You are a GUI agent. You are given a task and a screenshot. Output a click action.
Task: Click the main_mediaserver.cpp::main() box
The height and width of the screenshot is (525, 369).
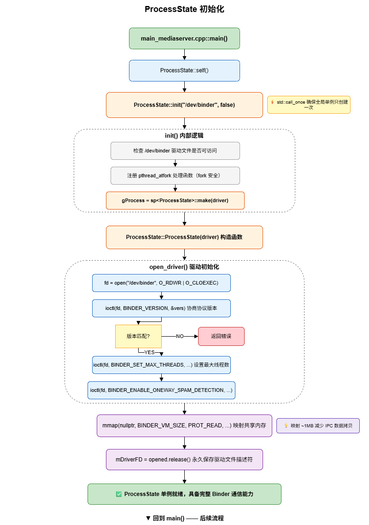click(x=184, y=39)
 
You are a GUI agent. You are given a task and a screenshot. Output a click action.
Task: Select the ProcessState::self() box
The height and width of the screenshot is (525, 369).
click(x=184, y=70)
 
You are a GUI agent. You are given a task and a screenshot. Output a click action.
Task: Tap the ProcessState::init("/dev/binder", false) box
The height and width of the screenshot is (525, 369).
click(x=184, y=105)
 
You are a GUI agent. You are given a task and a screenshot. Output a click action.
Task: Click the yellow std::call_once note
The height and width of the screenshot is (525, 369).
click(x=309, y=105)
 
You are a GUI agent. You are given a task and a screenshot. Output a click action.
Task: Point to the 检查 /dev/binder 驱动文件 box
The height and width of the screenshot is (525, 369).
click(x=175, y=151)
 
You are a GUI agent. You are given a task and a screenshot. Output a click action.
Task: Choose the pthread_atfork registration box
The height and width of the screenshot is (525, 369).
click(x=175, y=176)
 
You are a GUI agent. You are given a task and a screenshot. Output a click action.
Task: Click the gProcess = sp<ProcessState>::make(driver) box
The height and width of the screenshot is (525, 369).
click(x=175, y=200)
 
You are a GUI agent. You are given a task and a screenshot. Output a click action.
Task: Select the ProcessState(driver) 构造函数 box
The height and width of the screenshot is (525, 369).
click(x=184, y=237)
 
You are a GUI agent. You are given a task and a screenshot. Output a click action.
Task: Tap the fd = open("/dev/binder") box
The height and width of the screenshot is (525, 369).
click(x=161, y=283)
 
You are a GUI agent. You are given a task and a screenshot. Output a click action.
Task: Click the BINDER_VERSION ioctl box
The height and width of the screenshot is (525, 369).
click(x=161, y=309)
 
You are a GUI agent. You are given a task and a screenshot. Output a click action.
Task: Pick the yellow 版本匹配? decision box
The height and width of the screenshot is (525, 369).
click(x=138, y=336)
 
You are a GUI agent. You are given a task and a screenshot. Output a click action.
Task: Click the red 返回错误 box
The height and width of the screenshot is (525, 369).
click(x=221, y=336)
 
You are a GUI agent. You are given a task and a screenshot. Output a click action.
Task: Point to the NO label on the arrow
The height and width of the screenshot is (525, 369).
click(x=180, y=336)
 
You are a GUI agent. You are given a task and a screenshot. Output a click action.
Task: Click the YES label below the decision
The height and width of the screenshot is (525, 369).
click(x=149, y=352)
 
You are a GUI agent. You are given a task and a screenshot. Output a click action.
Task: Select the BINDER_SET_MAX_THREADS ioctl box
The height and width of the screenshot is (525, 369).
click(x=161, y=365)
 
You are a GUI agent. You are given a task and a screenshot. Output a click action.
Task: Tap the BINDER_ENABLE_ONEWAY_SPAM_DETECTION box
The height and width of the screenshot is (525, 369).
click(x=161, y=391)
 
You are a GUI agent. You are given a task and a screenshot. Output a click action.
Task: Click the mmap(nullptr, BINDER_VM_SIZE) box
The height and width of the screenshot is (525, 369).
click(x=184, y=426)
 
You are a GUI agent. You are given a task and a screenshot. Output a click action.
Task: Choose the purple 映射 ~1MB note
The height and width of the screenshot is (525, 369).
click(x=318, y=426)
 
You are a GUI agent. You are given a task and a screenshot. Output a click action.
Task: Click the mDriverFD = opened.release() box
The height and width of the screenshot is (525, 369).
click(x=184, y=460)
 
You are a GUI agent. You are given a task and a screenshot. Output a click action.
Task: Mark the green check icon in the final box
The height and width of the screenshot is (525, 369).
click(x=119, y=494)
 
